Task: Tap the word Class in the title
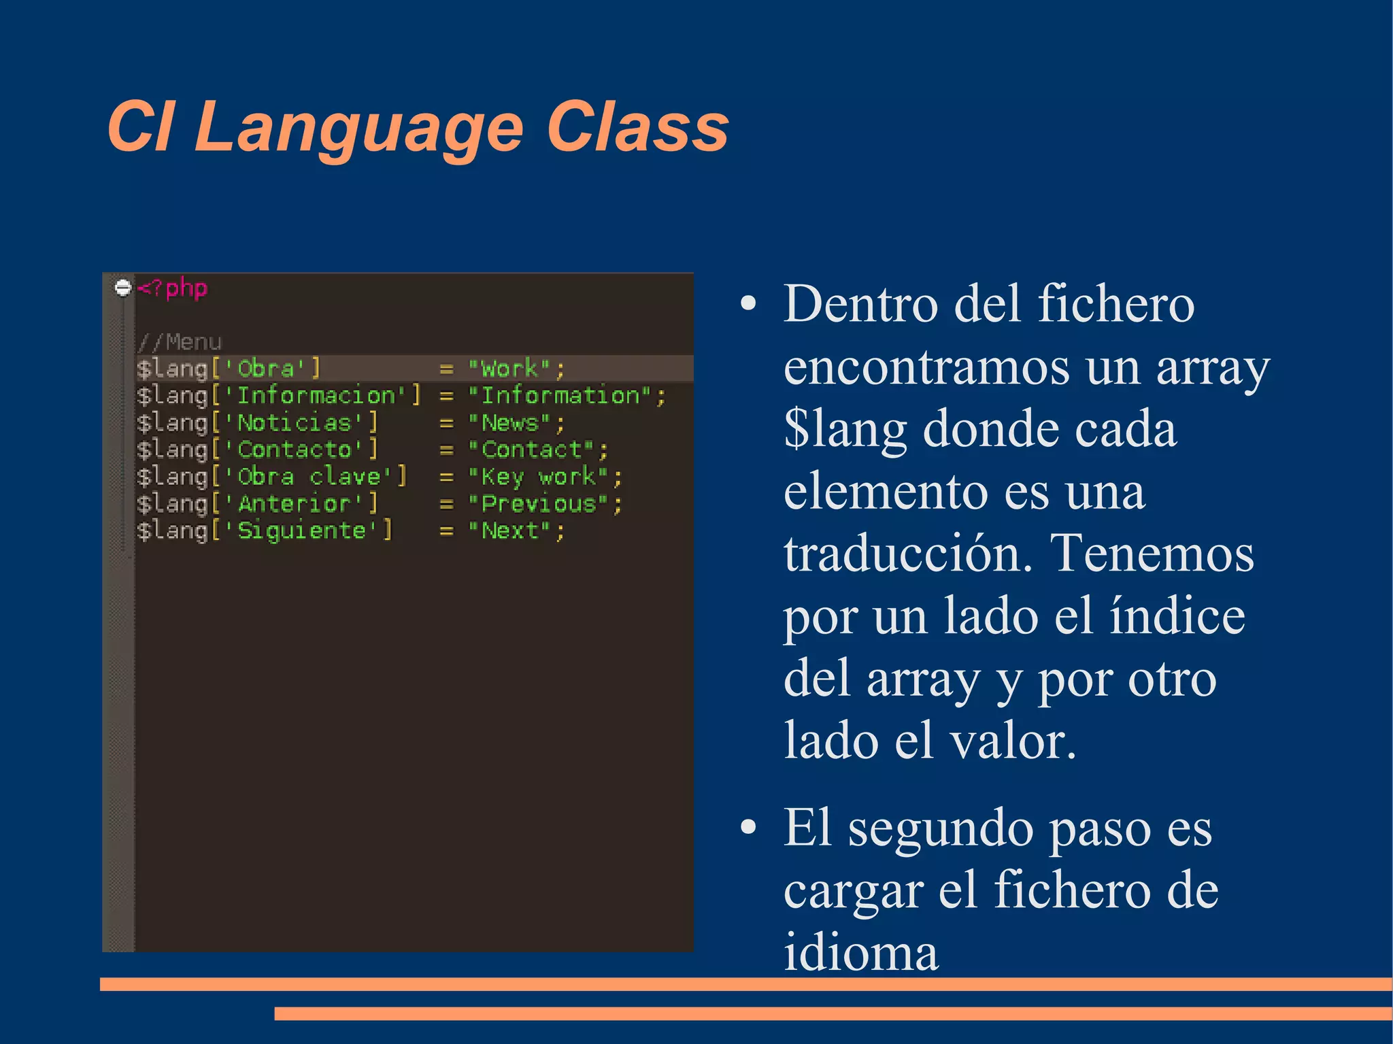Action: pyautogui.click(x=637, y=127)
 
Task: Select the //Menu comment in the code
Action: pyautogui.click(x=180, y=341)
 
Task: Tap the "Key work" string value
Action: pyautogui.click(x=538, y=477)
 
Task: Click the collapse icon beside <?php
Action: pyautogui.click(x=122, y=288)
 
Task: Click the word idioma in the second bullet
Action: pyautogui.click(x=861, y=952)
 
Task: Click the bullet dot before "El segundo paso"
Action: pyautogui.click(x=748, y=828)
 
